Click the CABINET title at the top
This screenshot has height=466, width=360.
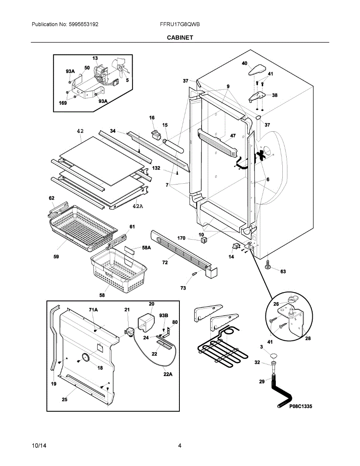pos(180,38)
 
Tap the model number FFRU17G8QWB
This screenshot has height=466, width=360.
pos(180,24)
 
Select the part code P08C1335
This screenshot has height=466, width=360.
pos(301,406)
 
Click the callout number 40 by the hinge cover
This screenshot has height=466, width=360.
pos(244,63)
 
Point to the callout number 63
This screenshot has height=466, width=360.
pos(283,271)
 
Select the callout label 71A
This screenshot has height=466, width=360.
pos(93,310)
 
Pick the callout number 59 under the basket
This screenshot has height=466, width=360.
pos(56,257)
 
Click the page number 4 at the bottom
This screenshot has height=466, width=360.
pos(180,446)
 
